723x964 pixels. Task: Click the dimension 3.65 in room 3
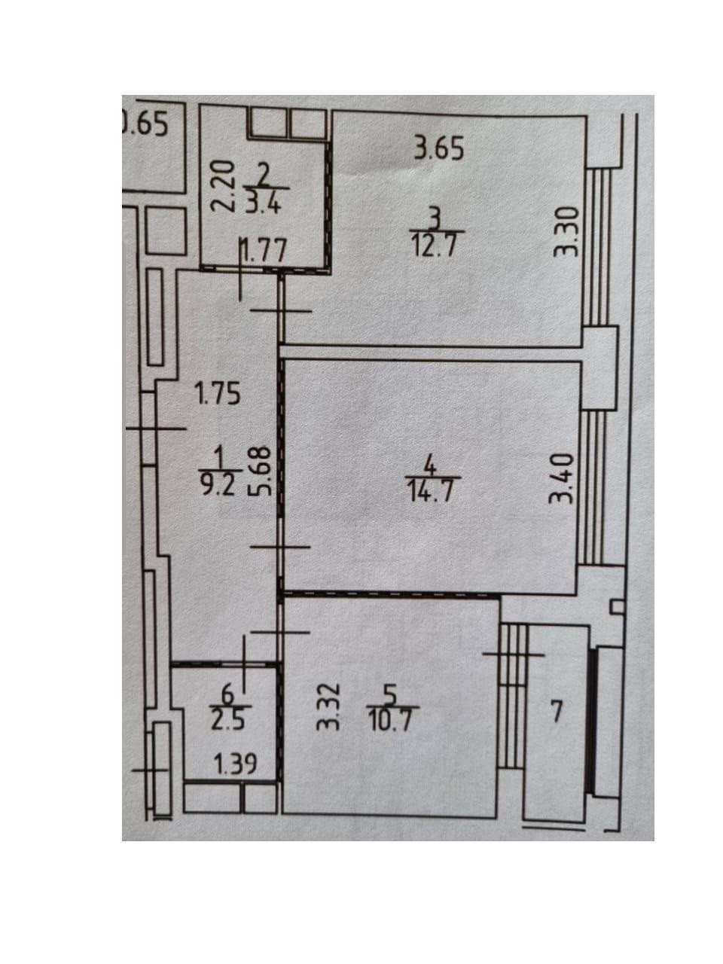[438, 149]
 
